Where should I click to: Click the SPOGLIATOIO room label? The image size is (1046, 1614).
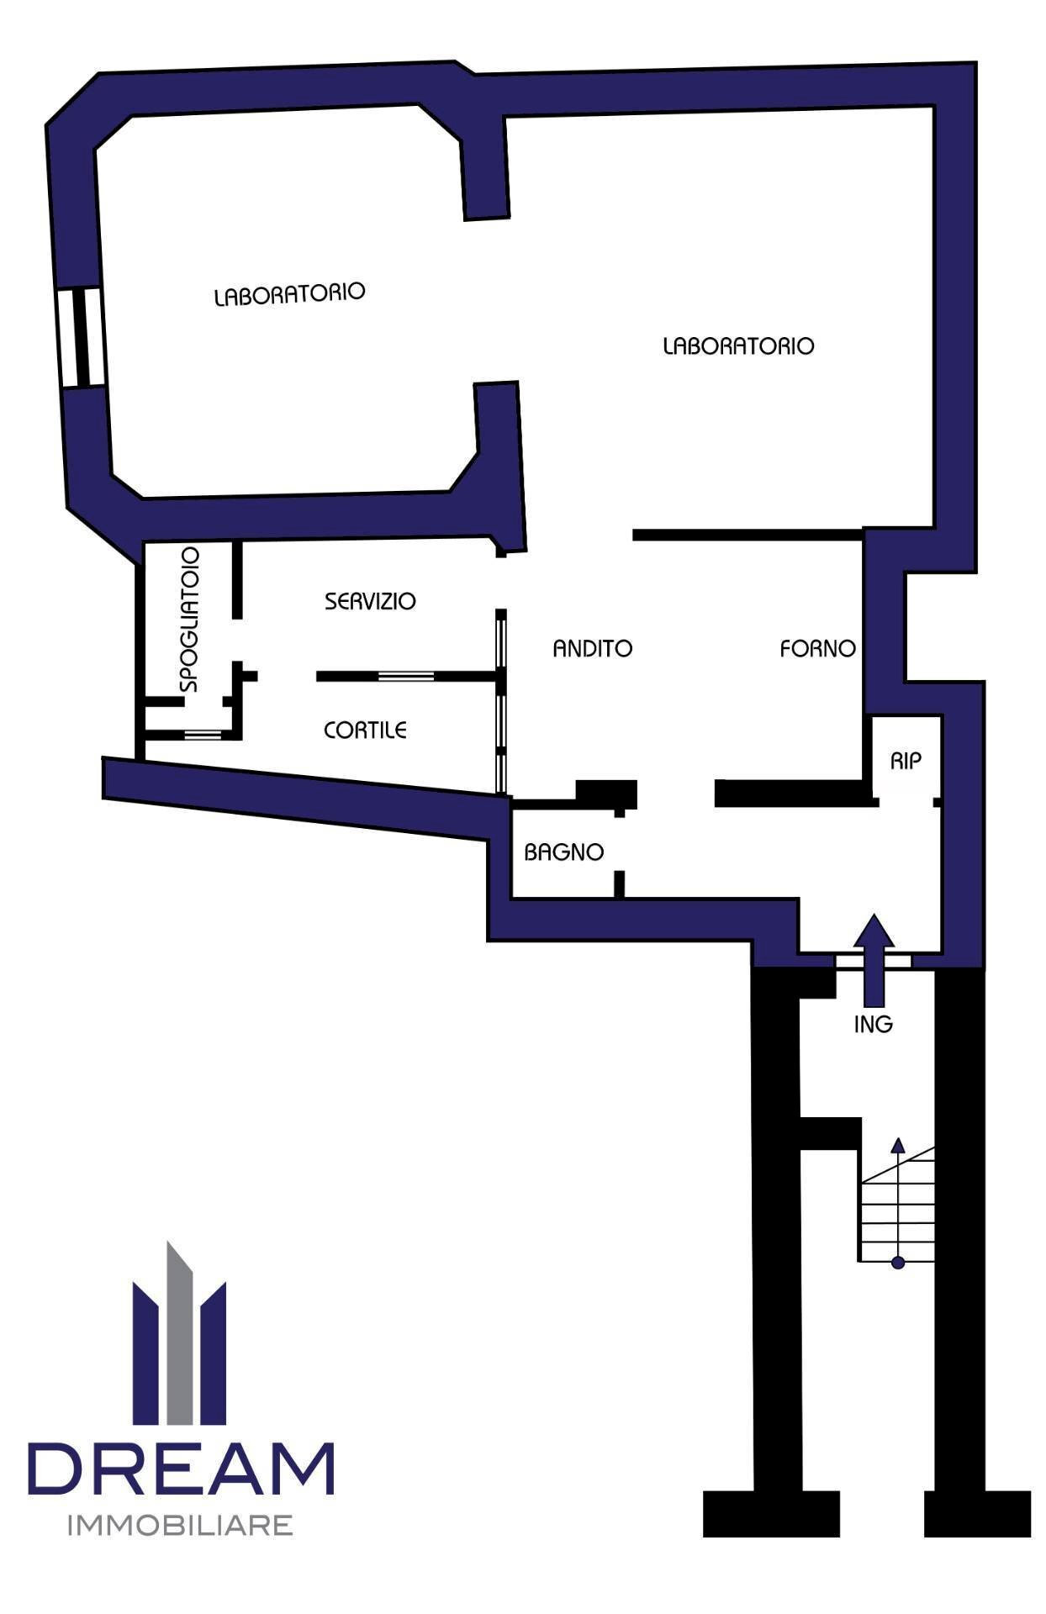(191, 620)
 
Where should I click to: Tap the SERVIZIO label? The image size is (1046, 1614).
(370, 601)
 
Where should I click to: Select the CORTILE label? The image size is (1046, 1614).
(365, 730)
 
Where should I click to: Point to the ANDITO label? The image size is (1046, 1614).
(592, 648)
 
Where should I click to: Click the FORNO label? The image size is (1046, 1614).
(817, 648)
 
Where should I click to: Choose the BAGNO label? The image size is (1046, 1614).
(563, 852)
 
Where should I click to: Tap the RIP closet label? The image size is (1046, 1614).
(906, 761)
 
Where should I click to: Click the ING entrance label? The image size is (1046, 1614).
(873, 1024)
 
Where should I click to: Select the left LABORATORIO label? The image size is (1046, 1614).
(289, 294)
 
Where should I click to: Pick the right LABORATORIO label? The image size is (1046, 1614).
(738, 345)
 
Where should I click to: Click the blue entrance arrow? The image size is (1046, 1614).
(874, 959)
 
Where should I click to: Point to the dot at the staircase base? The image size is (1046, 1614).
(898, 1262)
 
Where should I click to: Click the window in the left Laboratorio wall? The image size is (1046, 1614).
(82, 337)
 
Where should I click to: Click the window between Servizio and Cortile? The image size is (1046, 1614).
(406, 676)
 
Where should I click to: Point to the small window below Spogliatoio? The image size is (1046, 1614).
(203, 735)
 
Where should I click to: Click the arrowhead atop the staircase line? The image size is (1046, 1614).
(898, 1145)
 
